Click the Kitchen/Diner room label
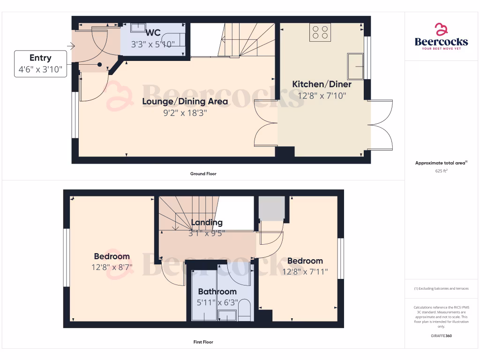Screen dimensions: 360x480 [x=322, y=84]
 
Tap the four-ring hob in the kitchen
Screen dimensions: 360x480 [x=320, y=32]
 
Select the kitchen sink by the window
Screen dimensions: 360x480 [x=355, y=66]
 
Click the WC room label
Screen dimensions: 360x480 [x=153, y=33]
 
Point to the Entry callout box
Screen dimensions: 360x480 [x=40, y=64]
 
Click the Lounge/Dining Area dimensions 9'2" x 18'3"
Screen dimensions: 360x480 [x=185, y=112]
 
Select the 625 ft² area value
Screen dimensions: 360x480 [x=441, y=171]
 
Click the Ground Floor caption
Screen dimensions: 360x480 [x=203, y=174]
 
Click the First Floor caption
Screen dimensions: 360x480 [x=203, y=342]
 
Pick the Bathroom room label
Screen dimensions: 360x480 [x=217, y=292]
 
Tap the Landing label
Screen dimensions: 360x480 [x=207, y=222]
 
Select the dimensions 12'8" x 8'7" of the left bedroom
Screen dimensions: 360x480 [x=112, y=267]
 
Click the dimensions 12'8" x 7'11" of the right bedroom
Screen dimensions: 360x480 [x=305, y=271]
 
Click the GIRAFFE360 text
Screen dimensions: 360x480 [x=441, y=336]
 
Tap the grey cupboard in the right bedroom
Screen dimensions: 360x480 [x=272, y=208]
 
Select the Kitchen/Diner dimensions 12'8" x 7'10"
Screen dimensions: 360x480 [x=322, y=96]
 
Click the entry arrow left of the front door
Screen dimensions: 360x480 [x=71, y=46]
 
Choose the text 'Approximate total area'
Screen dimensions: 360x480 [x=440, y=163]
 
